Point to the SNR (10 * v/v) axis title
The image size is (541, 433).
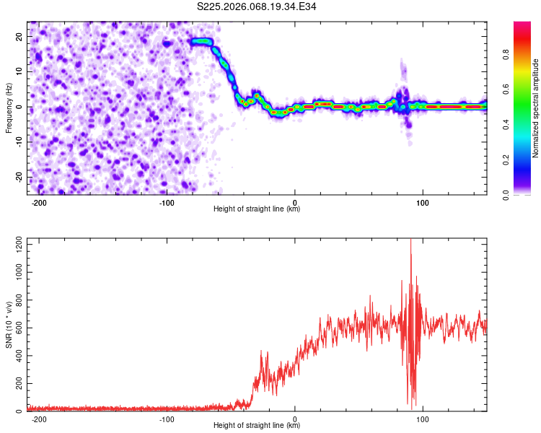pyautogui.click(x=9, y=323)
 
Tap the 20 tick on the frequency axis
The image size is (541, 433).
pyautogui.click(x=19, y=36)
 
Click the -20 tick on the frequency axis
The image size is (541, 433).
pyautogui.click(x=18, y=178)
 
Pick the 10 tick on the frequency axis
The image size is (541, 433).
pyautogui.click(x=19, y=71)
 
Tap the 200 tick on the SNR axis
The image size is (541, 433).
pyautogui.click(x=17, y=384)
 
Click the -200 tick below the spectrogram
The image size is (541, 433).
pyautogui.click(x=40, y=202)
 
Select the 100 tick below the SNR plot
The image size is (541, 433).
pyautogui.click(x=423, y=419)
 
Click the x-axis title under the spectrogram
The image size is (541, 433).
pyautogui.click(x=257, y=209)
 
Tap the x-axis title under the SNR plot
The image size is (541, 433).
pyautogui.click(x=257, y=426)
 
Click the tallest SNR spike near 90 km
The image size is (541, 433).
pyautogui.click(x=411, y=241)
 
